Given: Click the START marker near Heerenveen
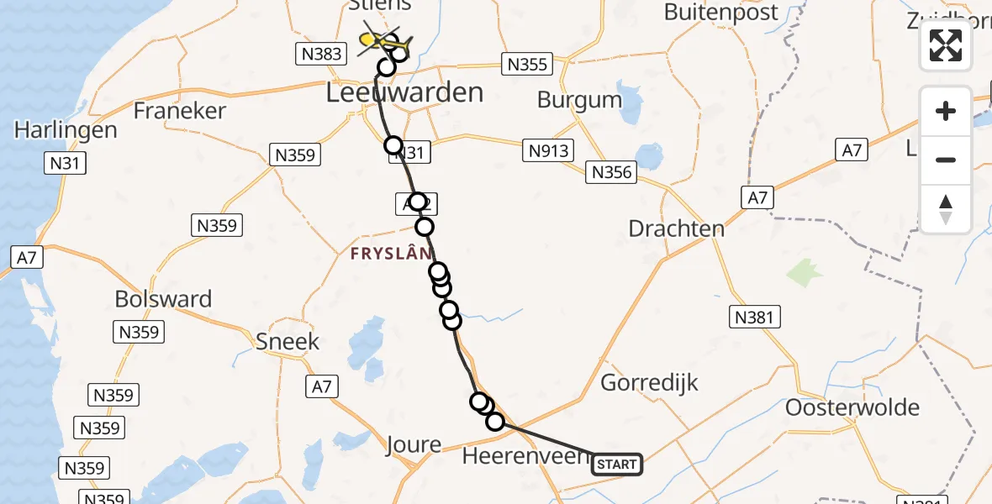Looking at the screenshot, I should tap(617, 464).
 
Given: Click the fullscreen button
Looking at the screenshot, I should tap(946, 45).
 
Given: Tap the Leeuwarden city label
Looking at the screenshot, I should tap(404, 92).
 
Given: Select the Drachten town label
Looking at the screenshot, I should tap(676, 228).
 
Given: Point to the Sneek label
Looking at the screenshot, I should tap(288, 341).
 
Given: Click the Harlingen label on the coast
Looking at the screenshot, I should tap(66, 130).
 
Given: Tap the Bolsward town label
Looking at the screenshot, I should tap(163, 299).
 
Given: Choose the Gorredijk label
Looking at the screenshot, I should tap(650, 383).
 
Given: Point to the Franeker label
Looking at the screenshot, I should tap(180, 111).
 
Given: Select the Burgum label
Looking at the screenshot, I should tap(579, 100).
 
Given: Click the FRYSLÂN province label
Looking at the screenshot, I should tap(393, 253).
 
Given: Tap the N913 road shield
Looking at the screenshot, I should tap(548, 151).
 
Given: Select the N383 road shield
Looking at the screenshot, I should tap(321, 55).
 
